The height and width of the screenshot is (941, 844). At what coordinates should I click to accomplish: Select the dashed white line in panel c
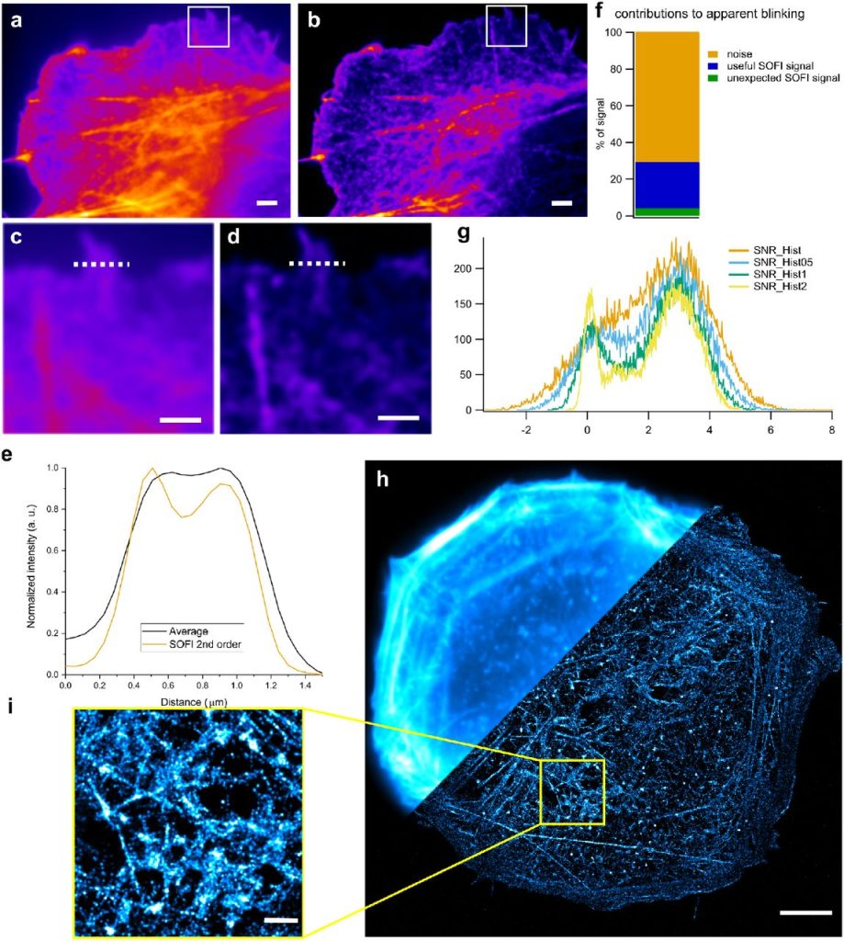coord(101,266)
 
